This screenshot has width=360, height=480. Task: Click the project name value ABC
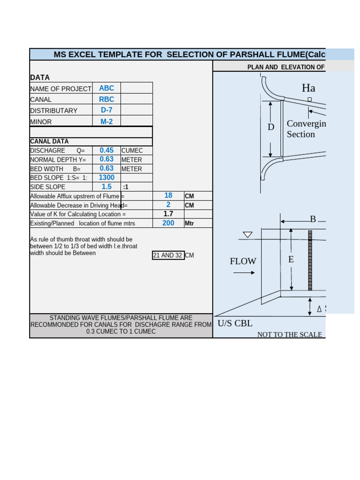pyautogui.click(x=106, y=88)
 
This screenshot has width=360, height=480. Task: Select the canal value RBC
pyautogui.click(x=106, y=99)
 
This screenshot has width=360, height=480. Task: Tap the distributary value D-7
pyautogui.click(x=106, y=110)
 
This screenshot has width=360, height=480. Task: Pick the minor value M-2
pyautogui.click(x=106, y=121)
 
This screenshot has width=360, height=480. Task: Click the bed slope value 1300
pyautogui.click(x=106, y=178)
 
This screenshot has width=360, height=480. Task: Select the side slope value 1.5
pyautogui.click(x=106, y=187)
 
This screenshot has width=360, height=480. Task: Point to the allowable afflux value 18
pyautogui.click(x=168, y=195)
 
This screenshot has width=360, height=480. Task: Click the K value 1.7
pyautogui.click(x=168, y=214)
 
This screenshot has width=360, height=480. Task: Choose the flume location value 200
pyautogui.click(x=168, y=223)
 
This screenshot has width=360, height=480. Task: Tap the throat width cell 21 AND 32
pyautogui.click(x=168, y=255)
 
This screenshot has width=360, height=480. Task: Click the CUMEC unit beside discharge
pyautogui.click(x=132, y=150)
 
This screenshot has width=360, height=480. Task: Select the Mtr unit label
pyautogui.click(x=189, y=224)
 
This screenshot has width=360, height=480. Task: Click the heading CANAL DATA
pyautogui.click(x=49, y=141)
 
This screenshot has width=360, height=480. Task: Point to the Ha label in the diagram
pyautogui.click(x=308, y=88)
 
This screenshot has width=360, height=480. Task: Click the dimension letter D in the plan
pyautogui.click(x=271, y=127)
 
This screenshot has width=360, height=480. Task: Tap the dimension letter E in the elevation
pyautogui.click(x=291, y=259)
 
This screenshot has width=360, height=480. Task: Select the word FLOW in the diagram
pyautogui.click(x=243, y=262)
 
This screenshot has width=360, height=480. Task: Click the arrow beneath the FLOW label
pyautogui.click(x=244, y=272)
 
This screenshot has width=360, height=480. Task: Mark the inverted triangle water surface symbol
pyautogui.click(x=247, y=235)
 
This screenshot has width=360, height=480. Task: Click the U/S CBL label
pyautogui.click(x=235, y=323)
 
